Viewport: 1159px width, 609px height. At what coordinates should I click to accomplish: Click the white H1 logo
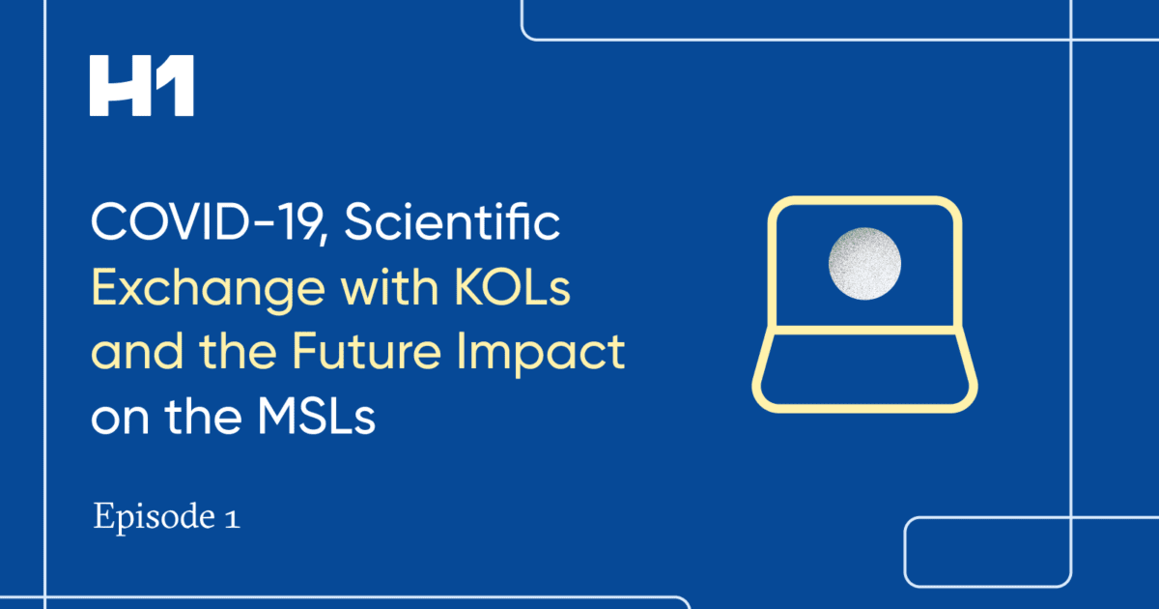(142, 85)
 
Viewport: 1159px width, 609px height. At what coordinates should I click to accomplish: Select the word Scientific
(452, 221)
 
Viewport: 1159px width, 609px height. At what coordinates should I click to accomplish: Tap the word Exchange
(209, 289)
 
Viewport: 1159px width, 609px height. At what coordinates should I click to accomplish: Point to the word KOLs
(512, 288)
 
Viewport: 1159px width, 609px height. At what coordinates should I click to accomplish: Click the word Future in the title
(366, 352)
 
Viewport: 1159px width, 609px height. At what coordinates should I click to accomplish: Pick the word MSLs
(317, 416)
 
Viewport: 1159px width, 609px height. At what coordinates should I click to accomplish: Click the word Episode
(155, 517)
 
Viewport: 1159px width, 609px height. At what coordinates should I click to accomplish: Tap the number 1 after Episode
(233, 518)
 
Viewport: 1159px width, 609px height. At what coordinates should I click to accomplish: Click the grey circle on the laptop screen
(864, 264)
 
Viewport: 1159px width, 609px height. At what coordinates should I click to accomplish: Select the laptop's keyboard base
(864, 369)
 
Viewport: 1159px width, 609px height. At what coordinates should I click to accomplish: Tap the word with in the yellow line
(390, 288)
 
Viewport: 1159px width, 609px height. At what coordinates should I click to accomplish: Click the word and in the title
(137, 352)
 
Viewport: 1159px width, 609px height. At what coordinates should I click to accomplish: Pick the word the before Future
(238, 352)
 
